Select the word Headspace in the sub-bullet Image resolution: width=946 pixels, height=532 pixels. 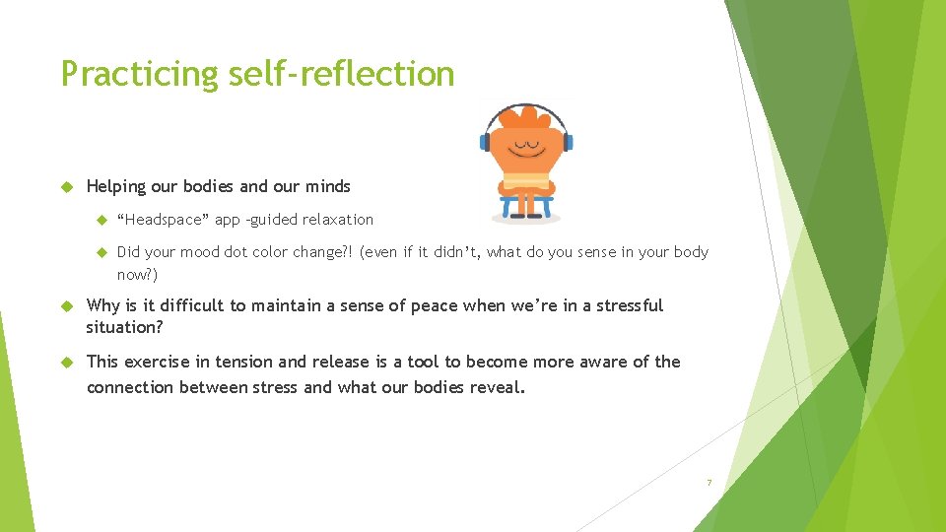point(163,220)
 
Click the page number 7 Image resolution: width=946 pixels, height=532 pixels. point(708,483)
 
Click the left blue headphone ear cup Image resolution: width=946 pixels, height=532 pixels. point(484,142)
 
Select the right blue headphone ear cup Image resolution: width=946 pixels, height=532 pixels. point(568,142)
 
